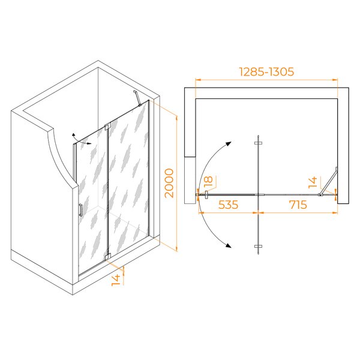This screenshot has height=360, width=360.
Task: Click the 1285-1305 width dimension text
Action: (x=266, y=71)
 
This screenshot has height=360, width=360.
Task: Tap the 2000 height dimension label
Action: (x=169, y=183)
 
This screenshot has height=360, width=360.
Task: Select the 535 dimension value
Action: (x=228, y=205)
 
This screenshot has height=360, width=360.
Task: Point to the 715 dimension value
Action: (x=298, y=205)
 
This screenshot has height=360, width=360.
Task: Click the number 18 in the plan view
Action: (x=209, y=181)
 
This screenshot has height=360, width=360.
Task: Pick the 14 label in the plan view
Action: (x=313, y=182)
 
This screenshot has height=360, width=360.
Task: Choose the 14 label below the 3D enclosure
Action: (x=116, y=280)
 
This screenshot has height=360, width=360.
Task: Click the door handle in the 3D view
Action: (x=80, y=210)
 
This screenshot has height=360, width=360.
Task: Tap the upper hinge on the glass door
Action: (x=107, y=127)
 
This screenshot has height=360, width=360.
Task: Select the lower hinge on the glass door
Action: (x=107, y=256)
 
